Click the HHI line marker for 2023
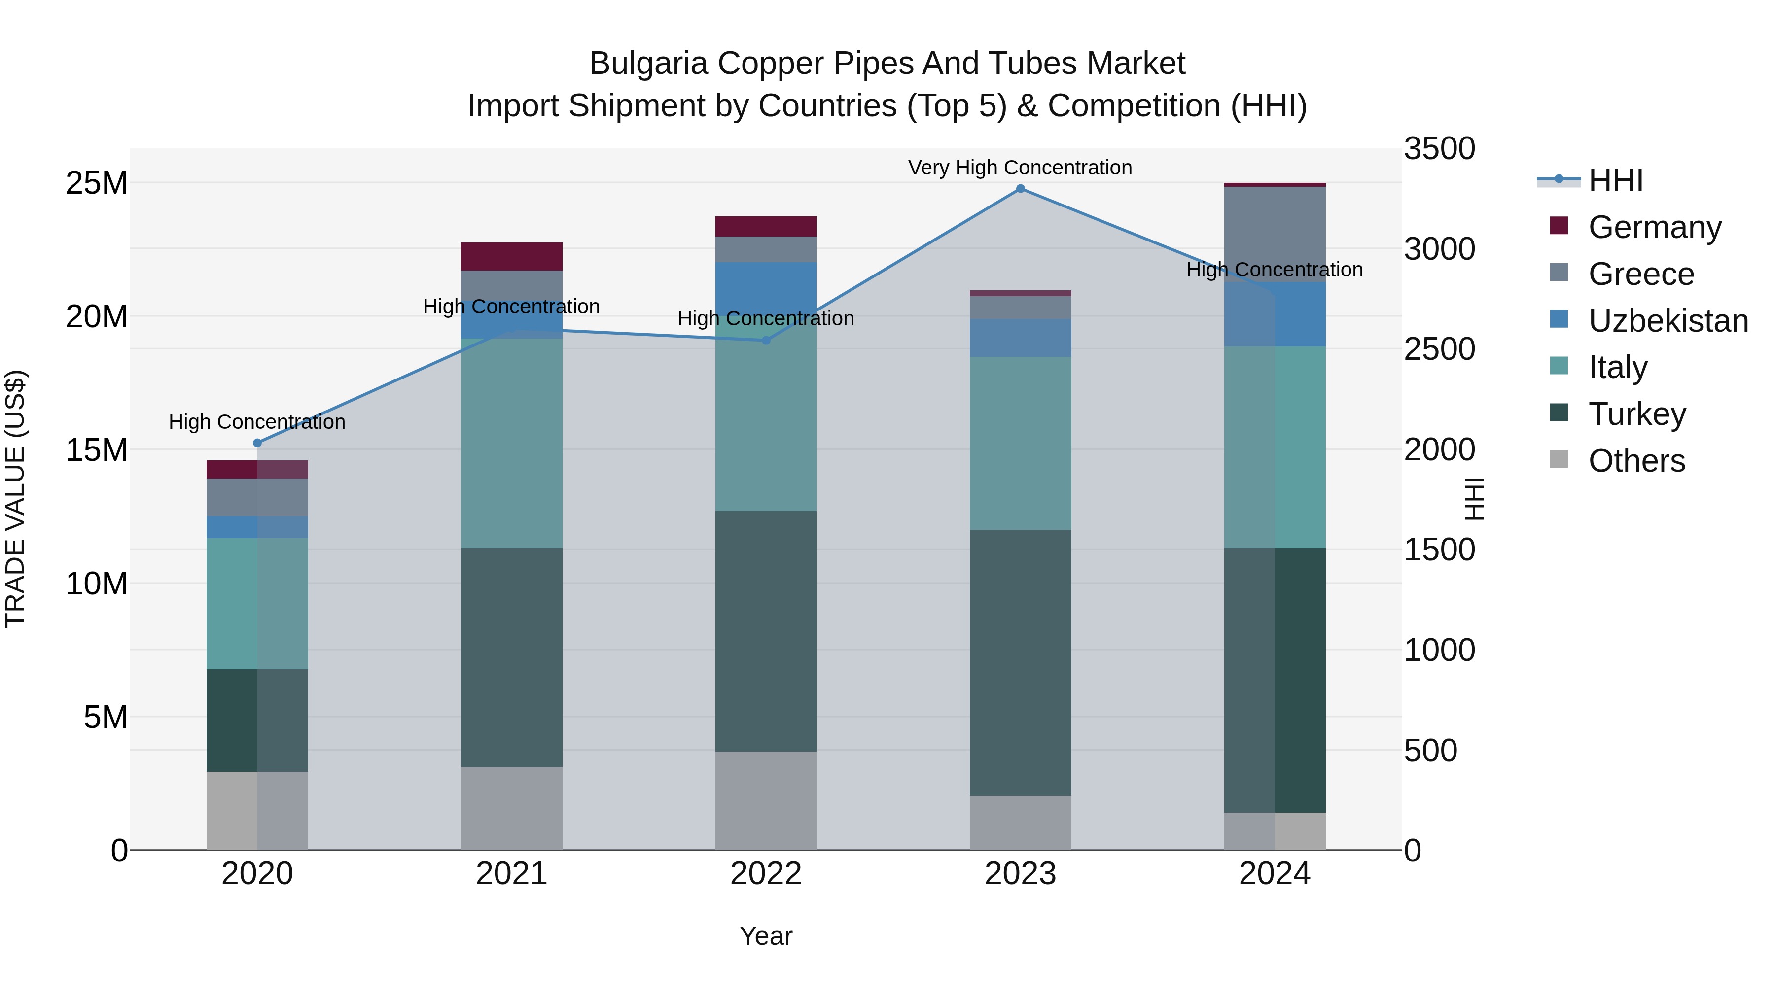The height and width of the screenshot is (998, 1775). point(1021,189)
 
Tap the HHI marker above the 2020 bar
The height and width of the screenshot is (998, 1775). point(258,443)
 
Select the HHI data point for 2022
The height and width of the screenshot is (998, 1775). point(766,340)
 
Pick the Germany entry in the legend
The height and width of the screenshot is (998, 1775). point(1654,227)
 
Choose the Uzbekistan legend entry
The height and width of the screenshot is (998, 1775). point(1668,320)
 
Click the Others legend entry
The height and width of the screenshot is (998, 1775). point(1636,460)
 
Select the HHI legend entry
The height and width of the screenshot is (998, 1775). point(1615,180)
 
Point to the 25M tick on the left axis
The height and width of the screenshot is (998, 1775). point(97,183)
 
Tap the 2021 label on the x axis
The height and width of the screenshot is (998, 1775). point(511,874)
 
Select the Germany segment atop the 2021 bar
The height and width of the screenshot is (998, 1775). point(511,256)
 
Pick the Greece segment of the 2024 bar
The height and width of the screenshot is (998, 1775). point(1275,234)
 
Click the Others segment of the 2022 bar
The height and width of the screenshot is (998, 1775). point(766,800)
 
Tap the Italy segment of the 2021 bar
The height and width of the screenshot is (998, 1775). point(511,443)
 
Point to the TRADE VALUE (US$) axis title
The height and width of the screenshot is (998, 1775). point(15,499)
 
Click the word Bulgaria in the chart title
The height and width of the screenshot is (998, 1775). point(648,64)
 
